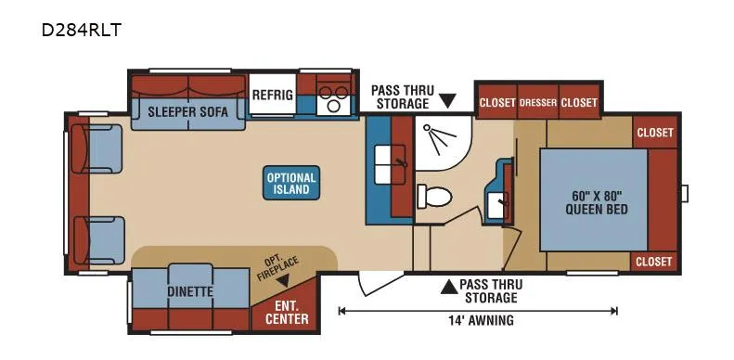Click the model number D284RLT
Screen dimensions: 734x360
tap(82, 31)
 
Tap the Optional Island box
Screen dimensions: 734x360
tap(291, 183)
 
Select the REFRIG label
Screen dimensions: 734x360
tap(273, 95)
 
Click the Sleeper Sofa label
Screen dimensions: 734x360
tap(188, 112)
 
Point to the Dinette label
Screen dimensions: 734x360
tap(190, 291)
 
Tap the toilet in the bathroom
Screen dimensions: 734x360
tap(434, 196)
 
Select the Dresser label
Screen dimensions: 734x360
tap(538, 102)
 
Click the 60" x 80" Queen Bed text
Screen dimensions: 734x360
tap(597, 201)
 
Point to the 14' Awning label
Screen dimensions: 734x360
tap(480, 321)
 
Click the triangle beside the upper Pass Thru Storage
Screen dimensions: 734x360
tap(448, 100)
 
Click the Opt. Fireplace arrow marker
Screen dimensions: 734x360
tap(283, 281)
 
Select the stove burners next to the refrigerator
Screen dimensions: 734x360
tap(333, 97)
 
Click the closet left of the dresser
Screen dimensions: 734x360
tap(497, 102)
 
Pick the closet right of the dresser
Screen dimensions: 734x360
tap(579, 102)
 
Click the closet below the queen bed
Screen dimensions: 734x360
tap(654, 262)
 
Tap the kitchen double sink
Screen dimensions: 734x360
tap(390, 164)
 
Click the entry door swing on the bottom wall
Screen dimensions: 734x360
tap(379, 283)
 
